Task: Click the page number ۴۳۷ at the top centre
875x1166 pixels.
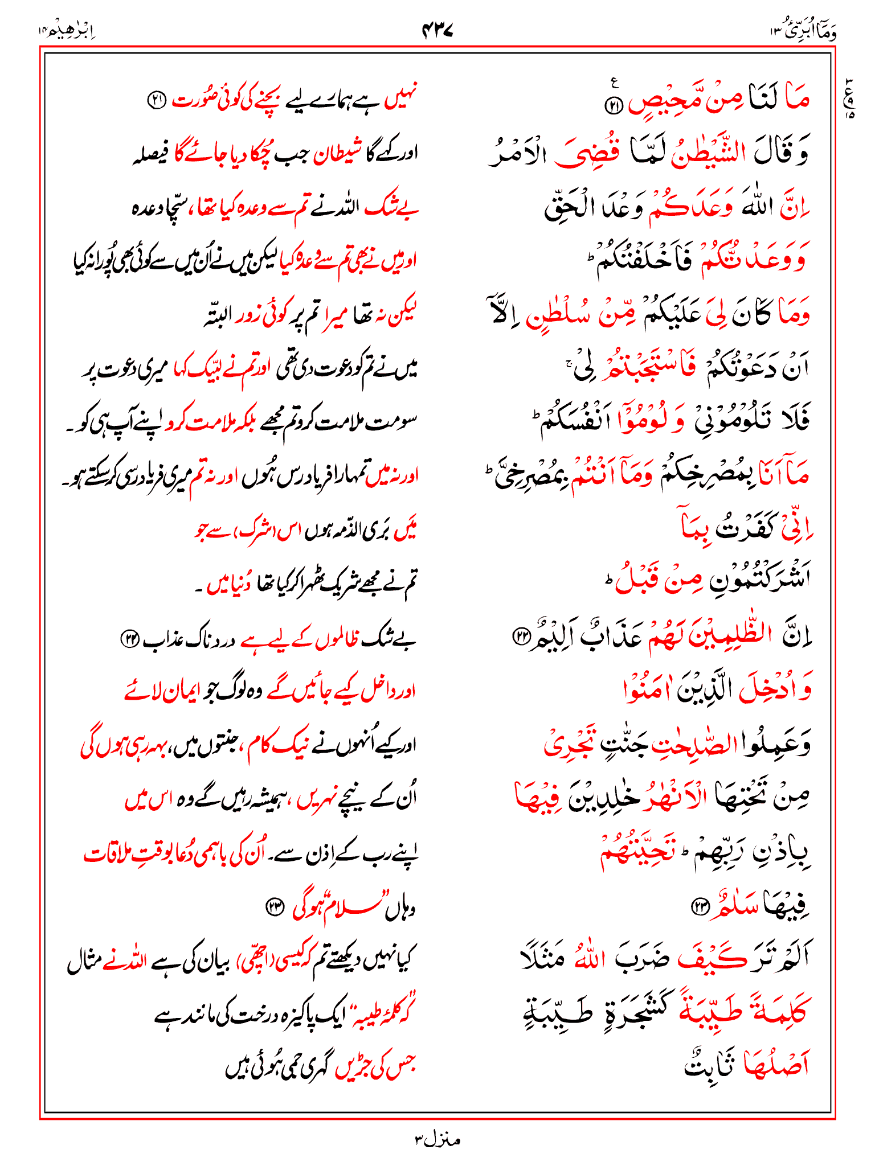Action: pyautogui.click(x=437, y=30)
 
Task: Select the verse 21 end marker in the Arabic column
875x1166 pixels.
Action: pyautogui.click(x=615, y=105)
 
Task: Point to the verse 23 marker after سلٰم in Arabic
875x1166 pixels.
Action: pyautogui.click(x=698, y=907)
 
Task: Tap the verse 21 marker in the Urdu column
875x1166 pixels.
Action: pyautogui.click(x=157, y=101)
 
